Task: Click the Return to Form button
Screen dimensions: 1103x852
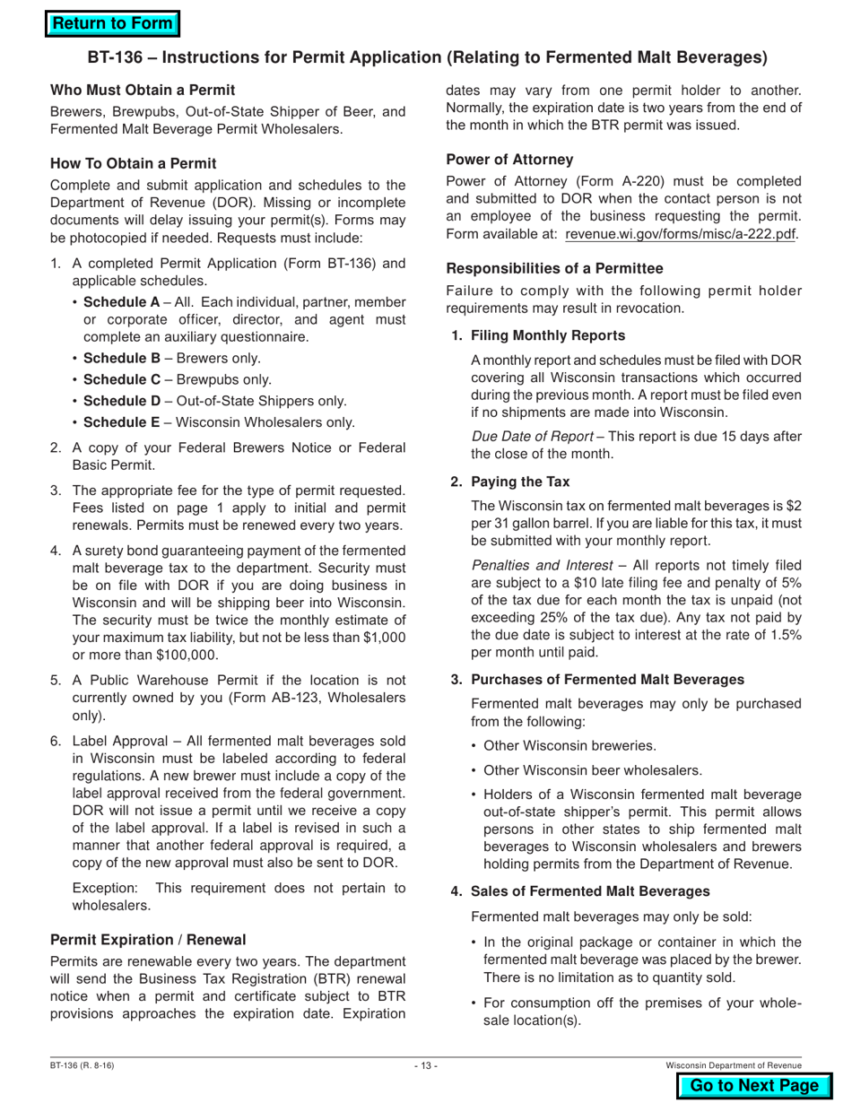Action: click(112, 24)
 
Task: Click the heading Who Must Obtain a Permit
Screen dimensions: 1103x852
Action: click(143, 90)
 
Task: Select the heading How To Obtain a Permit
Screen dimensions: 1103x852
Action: click(133, 163)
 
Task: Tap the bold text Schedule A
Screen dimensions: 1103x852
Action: click(121, 302)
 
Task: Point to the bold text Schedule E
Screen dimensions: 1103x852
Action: click(121, 422)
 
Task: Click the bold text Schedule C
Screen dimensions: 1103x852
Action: click(121, 379)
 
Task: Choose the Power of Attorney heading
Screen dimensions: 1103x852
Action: click(509, 159)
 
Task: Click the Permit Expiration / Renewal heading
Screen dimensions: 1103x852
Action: click(148, 940)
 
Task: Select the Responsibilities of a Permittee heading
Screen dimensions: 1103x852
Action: click(554, 268)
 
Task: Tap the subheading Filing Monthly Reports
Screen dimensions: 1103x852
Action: click(548, 335)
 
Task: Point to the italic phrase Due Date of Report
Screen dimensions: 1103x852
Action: click(532, 436)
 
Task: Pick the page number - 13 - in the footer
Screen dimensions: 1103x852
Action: click(426, 1065)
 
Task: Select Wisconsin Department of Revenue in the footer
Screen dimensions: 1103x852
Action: click(733, 1065)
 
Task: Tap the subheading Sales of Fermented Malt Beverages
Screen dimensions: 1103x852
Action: click(590, 890)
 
